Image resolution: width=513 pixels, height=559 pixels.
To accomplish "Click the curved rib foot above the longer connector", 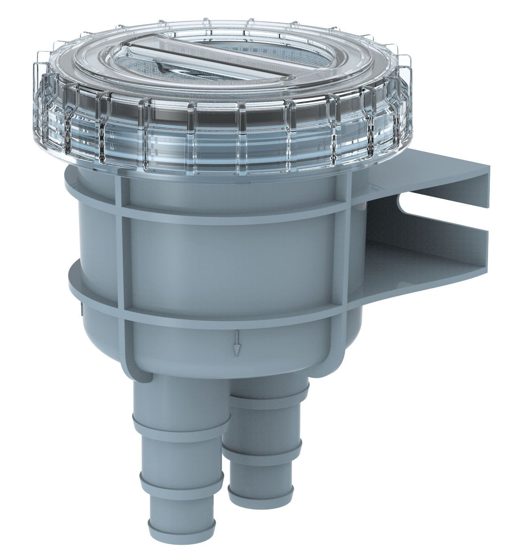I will coord(138,369).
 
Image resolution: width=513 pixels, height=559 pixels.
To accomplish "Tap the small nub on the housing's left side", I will coord(82,307).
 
